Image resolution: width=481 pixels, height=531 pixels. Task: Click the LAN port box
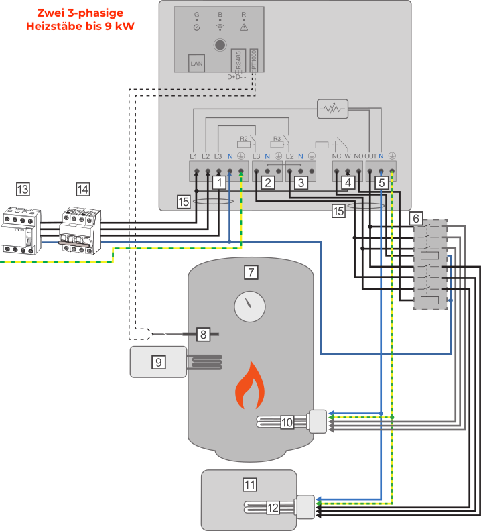[197, 64]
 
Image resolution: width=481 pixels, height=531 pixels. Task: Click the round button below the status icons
[219, 46]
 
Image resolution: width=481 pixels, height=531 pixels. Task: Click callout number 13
[23, 190]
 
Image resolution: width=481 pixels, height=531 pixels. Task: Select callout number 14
[82, 190]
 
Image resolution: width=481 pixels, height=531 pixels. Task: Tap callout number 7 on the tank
[251, 272]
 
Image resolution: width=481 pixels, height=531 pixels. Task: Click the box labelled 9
[159, 362]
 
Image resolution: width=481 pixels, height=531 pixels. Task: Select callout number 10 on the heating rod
[287, 422]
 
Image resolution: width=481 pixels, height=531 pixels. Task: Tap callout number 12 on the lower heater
[273, 508]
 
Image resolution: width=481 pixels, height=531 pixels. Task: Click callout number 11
[249, 483]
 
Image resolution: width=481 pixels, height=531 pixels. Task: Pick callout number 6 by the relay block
[416, 218]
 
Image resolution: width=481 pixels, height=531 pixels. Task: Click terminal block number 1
[218, 181]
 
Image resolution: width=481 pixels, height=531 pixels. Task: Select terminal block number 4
[347, 182]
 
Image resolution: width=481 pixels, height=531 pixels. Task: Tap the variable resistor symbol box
[332, 108]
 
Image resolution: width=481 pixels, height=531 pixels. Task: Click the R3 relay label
[277, 141]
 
